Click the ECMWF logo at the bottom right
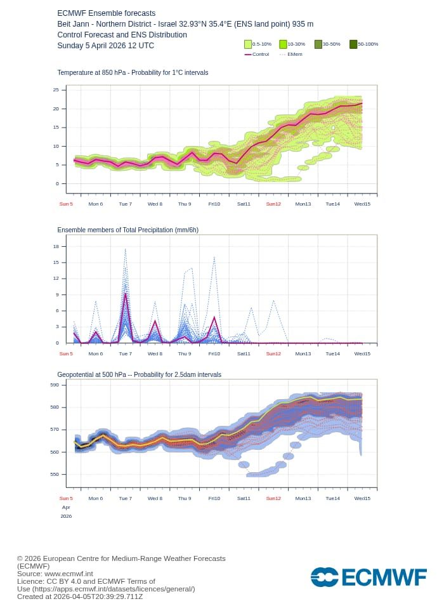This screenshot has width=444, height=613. tap(369, 577)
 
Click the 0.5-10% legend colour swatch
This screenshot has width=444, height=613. tap(248, 44)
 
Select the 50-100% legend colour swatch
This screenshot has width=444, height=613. tap(353, 44)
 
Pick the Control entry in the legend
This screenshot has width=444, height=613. tap(256, 55)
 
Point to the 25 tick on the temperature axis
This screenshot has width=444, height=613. tap(56, 90)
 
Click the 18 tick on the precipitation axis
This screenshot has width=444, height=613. tap(56, 246)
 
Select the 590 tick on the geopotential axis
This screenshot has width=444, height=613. tap(55, 385)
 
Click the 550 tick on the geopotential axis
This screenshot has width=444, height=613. tap(55, 474)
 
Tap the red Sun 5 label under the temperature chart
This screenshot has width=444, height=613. tap(66, 204)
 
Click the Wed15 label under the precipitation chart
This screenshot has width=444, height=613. tap(362, 353)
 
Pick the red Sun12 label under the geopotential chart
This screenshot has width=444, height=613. tap(273, 498)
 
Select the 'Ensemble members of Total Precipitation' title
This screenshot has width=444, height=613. tap(127, 230)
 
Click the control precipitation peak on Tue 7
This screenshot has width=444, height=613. tap(126, 293)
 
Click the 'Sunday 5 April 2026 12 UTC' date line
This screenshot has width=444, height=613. tap(105, 46)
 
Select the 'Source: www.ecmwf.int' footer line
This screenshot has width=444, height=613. tap(55, 574)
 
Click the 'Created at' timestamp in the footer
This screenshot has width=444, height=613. tap(80, 597)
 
